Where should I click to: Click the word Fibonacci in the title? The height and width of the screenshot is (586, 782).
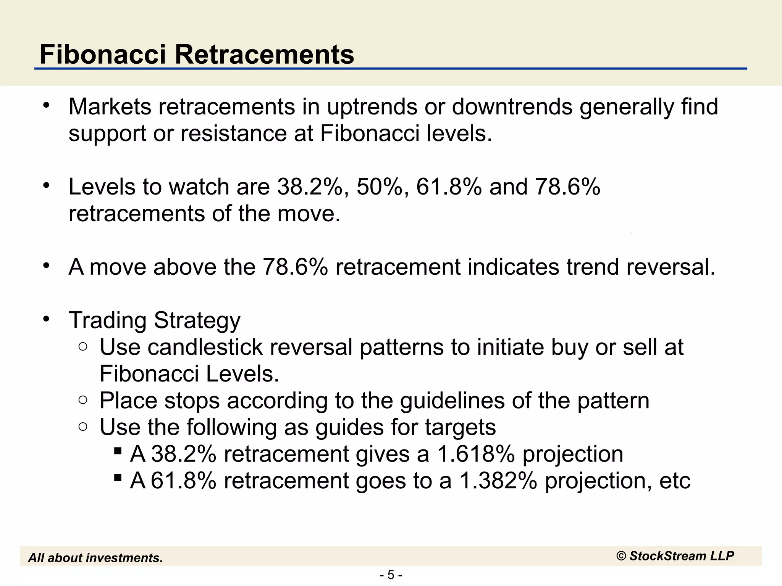click(x=103, y=55)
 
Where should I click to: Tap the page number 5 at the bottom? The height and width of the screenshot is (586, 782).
click(x=391, y=575)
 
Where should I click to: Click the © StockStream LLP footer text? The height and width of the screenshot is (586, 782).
click(x=675, y=556)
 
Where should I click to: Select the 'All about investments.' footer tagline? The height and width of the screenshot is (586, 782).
click(x=95, y=558)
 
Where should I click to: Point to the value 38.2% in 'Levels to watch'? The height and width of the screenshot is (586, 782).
click(x=310, y=187)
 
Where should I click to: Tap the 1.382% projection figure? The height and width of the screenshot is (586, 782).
click(x=498, y=481)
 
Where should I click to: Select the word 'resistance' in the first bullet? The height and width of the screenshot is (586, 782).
click(x=233, y=134)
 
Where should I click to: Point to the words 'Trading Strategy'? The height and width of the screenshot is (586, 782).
click(x=155, y=320)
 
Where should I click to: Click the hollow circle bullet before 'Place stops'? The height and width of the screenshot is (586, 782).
click(x=83, y=400)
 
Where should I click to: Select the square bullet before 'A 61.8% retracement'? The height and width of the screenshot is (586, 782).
click(x=118, y=477)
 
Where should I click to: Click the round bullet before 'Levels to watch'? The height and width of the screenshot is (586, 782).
click(x=46, y=186)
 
